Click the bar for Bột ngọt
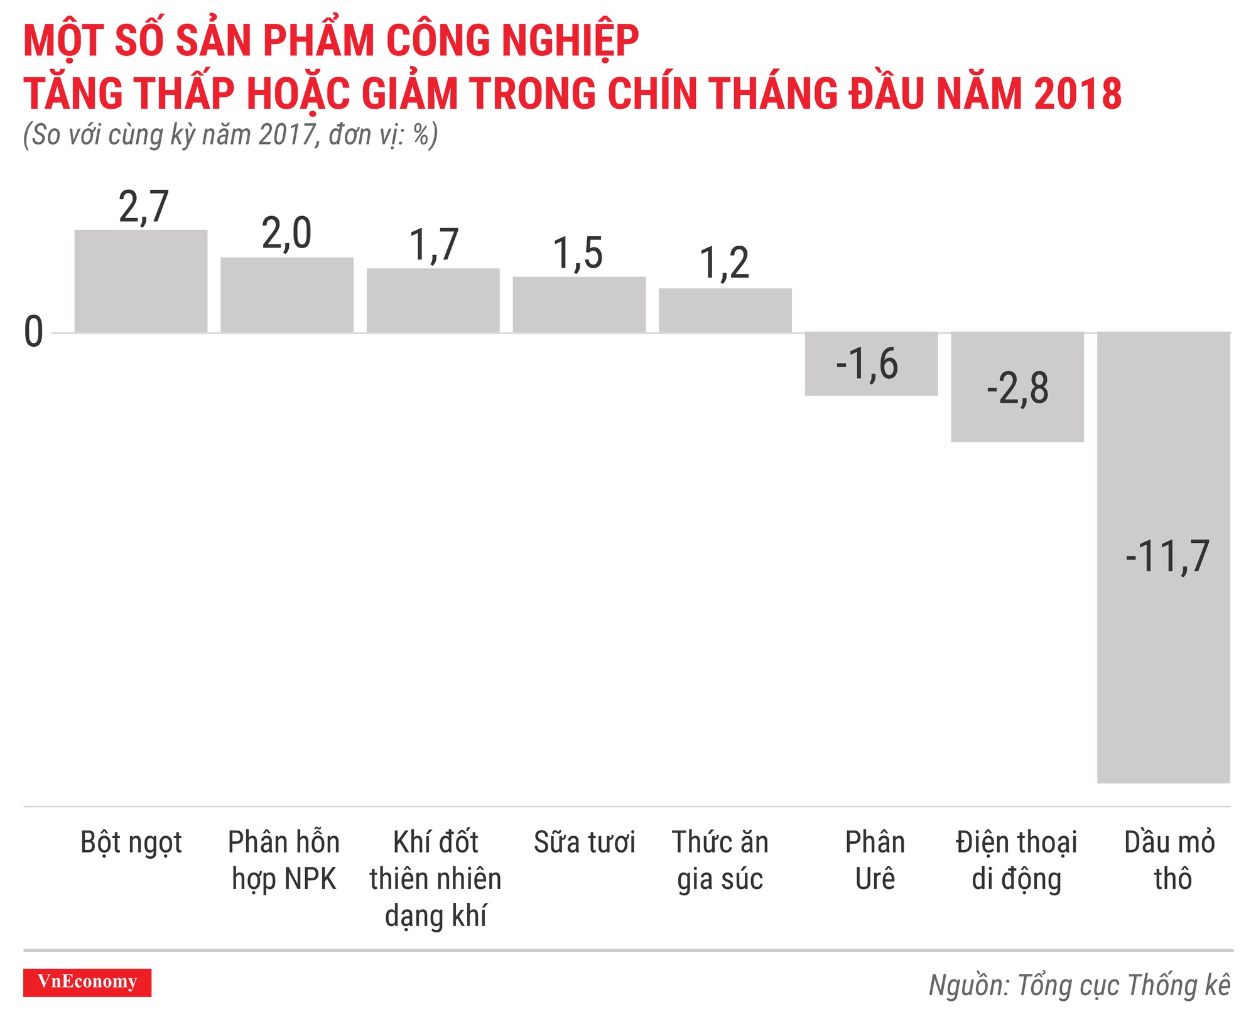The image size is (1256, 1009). [x=141, y=281]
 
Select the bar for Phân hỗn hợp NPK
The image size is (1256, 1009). [x=287, y=295]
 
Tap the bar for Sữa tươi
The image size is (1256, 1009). [x=579, y=304]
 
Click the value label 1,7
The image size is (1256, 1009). [x=434, y=245]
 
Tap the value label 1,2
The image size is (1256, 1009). [x=725, y=263]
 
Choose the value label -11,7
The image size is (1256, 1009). [x=1167, y=557]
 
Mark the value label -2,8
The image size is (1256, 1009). [x=1017, y=388]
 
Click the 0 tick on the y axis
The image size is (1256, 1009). [x=33, y=332]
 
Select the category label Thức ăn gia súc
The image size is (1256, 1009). [x=720, y=860]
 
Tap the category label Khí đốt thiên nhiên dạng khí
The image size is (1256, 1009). [x=435, y=878]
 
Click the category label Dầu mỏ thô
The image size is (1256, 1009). [x=1169, y=860]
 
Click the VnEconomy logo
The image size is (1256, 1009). [x=87, y=982]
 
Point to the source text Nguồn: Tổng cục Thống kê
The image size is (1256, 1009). [x=1080, y=985]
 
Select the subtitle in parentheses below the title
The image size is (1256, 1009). [x=230, y=135]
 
